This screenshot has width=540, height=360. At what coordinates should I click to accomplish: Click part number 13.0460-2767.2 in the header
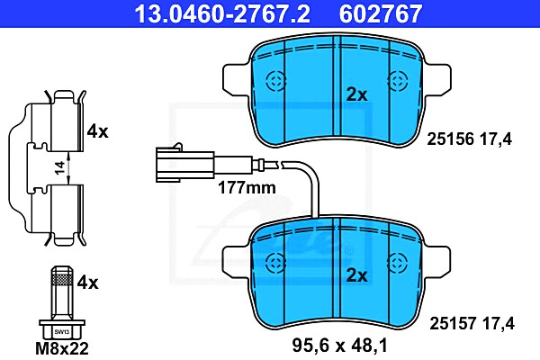click(222, 13)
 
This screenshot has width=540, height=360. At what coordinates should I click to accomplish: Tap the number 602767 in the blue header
click(381, 13)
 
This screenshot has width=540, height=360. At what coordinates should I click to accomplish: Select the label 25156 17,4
click(470, 139)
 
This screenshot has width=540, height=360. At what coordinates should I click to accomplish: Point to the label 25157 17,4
click(472, 323)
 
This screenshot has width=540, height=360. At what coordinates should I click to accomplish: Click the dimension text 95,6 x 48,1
click(340, 346)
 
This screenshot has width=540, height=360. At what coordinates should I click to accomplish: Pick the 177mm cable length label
click(247, 188)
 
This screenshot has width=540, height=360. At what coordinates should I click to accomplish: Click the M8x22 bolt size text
click(62, 348)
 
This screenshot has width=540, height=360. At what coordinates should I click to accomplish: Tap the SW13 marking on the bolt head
click(62, 332)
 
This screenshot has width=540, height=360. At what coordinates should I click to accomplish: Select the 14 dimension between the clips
click(60, 167)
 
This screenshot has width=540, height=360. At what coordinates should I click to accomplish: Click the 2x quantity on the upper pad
click(357, 94)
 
